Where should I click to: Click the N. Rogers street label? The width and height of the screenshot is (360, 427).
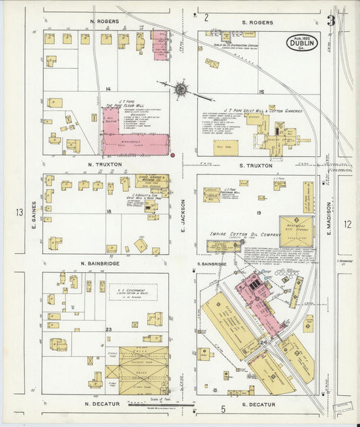click(105, 22)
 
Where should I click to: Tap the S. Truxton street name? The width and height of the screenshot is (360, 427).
click(256, 166)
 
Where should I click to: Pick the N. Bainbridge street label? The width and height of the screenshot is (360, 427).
click(101, 263)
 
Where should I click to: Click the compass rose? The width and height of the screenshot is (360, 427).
click(181, 88)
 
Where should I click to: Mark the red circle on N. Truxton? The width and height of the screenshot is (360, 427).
click(174, 155)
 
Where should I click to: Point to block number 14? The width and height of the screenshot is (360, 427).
click(107, 89)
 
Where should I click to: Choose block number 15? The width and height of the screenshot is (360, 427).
click(261, 91)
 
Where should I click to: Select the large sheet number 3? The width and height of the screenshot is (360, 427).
click(331, 20)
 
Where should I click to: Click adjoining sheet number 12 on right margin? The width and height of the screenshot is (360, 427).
click(347, 224)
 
